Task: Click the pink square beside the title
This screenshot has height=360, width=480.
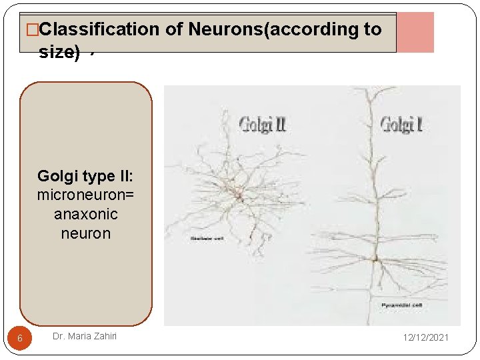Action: point(415,32)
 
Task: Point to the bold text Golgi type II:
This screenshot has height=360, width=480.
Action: point(85,176)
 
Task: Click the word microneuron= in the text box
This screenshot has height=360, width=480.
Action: point(85,195)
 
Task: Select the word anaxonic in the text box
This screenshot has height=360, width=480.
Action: point(85,215)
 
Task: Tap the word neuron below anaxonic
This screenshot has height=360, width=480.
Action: point(85,234)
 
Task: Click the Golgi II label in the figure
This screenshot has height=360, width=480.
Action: point(262,124)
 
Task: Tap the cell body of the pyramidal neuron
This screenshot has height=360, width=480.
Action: point(375,258)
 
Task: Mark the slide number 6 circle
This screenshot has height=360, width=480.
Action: point(20,339)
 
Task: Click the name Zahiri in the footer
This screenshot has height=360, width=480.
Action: point(103,336)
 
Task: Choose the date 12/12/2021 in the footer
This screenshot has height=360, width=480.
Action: point(425,337)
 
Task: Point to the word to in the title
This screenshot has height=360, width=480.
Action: point(373,29)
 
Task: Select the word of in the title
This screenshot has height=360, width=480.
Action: point(172,29)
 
